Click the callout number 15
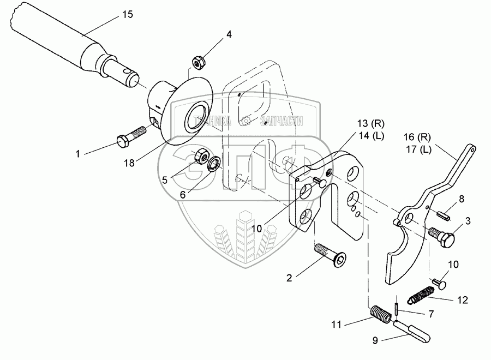(127, 14)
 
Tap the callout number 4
(229, 34)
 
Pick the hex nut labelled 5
(200, 157)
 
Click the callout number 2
(290, 278)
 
